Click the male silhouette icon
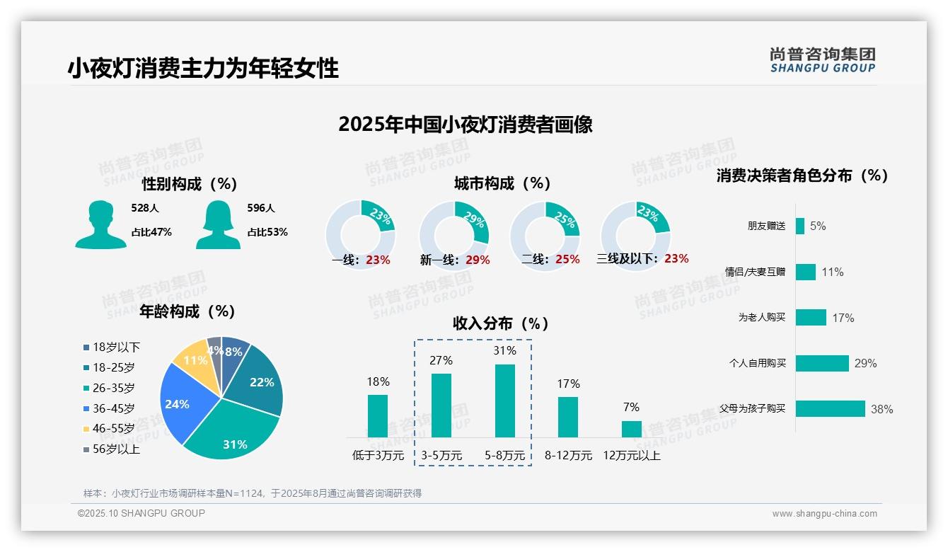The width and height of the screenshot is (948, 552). click(100, 224)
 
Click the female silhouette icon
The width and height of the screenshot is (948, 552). click(218, 224)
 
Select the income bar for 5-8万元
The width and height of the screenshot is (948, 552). click(505, 401)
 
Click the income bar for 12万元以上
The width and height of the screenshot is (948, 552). click(631, 429)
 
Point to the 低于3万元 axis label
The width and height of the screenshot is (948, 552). click(378, 456)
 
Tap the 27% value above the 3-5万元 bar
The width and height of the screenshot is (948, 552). click(441, 360)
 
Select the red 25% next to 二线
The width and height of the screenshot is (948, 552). click(567, 260)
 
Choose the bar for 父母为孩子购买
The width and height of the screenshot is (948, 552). click(831, 408)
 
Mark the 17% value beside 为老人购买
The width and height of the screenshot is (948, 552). click(843, 318)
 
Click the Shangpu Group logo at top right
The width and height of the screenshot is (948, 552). click(822, 59)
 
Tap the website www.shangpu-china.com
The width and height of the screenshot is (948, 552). click(824, 514)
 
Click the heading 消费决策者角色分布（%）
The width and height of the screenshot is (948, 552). click(802, 176)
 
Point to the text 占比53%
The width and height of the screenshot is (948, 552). click(267, 232)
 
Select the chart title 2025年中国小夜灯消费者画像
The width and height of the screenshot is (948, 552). click(465, 125)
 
